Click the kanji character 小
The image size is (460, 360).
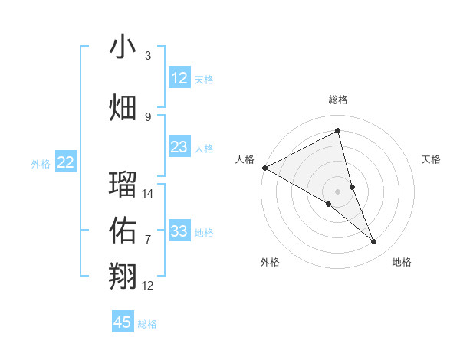[x=123, y=47]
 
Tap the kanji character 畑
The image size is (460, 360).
[x=123, y=107]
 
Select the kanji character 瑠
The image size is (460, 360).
[x=123, y=184]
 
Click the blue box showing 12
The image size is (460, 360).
[x=179, y=78]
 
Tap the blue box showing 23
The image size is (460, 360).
[x=179, y=147]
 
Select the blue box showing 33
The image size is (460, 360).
[x=179, y=231]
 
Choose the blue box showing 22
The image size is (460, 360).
[x=66, y=162]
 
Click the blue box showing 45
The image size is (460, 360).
[x=123, y=322]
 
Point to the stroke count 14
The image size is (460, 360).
[x=149, y=194]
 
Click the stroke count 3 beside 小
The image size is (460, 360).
[x=148, y=56]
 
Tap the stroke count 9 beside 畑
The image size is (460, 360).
[x=148, y=116]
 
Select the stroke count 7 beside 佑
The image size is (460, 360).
[x=148, y=240]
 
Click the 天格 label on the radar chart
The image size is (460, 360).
[x=432, y=159]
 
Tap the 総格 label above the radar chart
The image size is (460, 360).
[x=338, y=100]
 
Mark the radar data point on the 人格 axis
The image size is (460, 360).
[x=264, y=168]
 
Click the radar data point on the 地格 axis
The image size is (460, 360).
[x=374, y=242]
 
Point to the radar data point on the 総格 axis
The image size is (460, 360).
[x=338, y=131]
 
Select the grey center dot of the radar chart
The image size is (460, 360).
[x=338, y=190]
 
